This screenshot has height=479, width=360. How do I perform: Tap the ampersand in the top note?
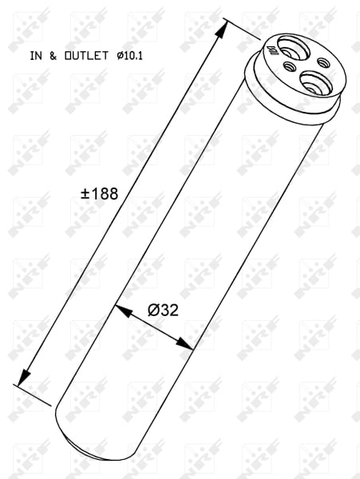pos(54,56)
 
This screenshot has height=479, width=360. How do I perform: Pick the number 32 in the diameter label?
pos(168,310)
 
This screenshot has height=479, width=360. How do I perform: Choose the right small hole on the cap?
pos(323,61)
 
